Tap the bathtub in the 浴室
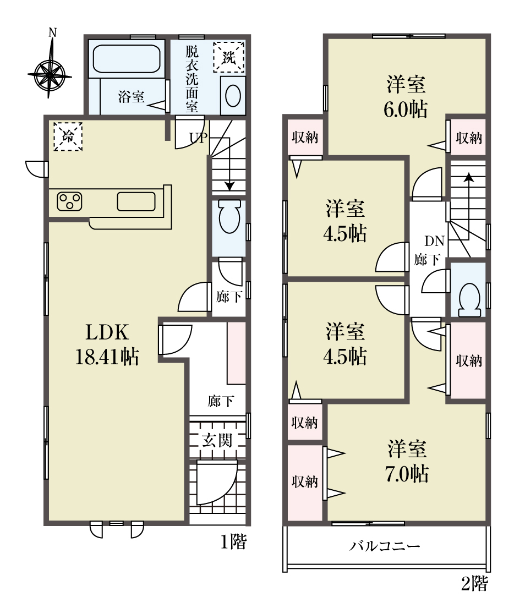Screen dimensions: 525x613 [127, 59]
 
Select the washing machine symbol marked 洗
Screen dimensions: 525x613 [229, 57]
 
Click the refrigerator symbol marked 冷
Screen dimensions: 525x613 [68, 136]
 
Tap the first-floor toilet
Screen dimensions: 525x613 [229, 217]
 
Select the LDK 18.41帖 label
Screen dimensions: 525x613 [107, 344]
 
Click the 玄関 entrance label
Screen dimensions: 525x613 [217, 441]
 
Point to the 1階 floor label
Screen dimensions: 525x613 [234, 542]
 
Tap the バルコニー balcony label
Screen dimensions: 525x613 [385, 546]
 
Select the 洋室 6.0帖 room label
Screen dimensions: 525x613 [406, 97]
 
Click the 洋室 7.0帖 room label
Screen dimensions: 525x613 [407, 461]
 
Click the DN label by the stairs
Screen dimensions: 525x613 [435, 241]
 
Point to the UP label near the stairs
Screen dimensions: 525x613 [199, 138]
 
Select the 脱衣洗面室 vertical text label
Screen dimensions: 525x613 [192, 79]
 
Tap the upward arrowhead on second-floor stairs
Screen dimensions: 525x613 [468, 177]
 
